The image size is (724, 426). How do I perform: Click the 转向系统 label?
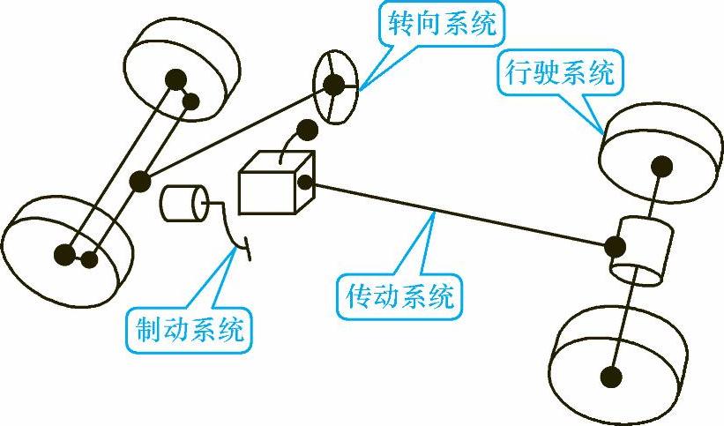tap(439, 24)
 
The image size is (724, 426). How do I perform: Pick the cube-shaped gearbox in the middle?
tap(274, 183)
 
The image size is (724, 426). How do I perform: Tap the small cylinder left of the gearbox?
tap(183, 203)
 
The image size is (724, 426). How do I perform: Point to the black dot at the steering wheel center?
tap(334, 85)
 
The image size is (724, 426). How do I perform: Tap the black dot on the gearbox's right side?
tap(307, 183)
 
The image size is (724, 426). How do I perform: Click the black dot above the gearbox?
tap(307, 131)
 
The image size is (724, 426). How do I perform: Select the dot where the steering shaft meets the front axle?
tap(139, 183)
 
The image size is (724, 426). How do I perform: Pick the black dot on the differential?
tap(615, 243)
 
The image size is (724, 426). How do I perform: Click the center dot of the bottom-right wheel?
tap(609, 377)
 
